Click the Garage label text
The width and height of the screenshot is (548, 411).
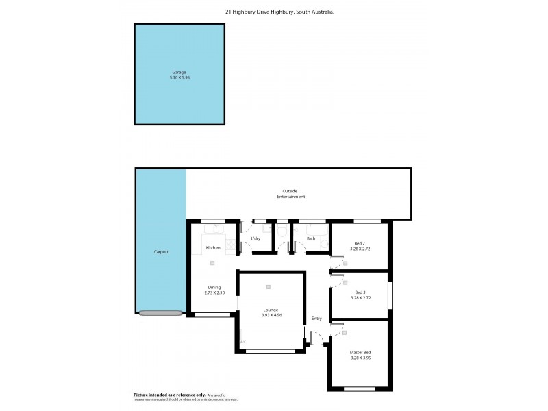[179, 72]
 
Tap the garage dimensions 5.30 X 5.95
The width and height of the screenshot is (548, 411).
[179, 77]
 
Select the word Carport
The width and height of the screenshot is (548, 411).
[161, 252]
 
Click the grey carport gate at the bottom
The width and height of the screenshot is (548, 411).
[160, 313]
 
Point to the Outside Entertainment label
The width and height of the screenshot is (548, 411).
[291, 194]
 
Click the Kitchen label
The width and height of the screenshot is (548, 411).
[213, 247]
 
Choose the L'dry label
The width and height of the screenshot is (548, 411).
[256, 238]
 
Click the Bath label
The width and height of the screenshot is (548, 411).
[311, 238]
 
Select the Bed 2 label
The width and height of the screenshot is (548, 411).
[360, 244]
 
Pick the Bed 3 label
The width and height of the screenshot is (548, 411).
[360, 292]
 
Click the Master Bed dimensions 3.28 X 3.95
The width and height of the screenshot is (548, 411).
[360, 357]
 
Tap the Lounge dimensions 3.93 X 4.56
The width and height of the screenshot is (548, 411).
[272, 315]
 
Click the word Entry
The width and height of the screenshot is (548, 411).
[316, 318]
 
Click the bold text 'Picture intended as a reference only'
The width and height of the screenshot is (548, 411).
[169, 395]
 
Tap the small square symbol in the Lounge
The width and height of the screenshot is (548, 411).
[269, 287]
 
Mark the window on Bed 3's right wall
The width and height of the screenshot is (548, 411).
[389, 295]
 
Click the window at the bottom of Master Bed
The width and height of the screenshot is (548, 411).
[360, 388]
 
